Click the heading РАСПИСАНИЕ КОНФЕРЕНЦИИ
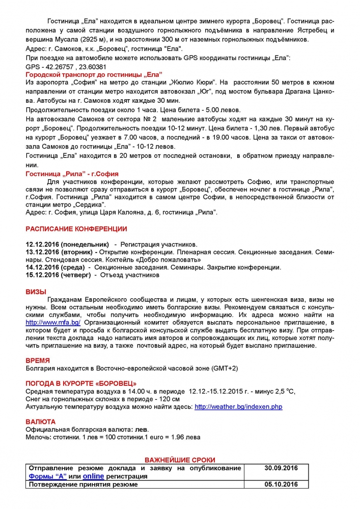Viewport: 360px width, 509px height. tap(76, 229)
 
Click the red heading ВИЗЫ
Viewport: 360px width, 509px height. tap(36, 292)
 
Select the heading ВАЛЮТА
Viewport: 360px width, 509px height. tap(40, 421)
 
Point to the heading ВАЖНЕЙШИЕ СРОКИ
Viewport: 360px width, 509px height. tap(180, 460)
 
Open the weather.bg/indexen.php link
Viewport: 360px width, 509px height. tap(238, 407)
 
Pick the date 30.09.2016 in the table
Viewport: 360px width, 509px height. tap(281, 468)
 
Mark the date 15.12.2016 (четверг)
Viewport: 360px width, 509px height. tap(58, 275)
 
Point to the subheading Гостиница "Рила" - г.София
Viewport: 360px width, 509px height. tap(72, 174)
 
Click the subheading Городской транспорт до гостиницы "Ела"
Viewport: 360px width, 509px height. tap(94, 74)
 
